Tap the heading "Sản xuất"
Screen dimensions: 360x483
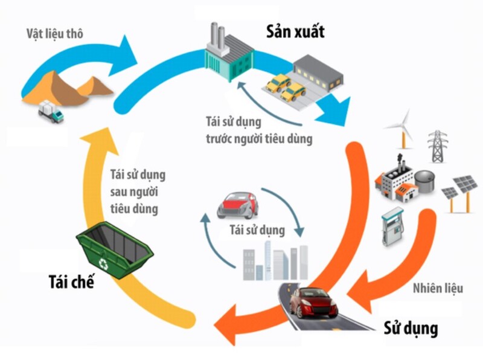click(296, 32)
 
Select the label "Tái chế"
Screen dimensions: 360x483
click(71, 282)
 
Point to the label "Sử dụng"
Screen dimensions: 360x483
click(411, 329)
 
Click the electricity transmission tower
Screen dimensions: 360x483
click(436, 145)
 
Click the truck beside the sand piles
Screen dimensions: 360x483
click(50, 112)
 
